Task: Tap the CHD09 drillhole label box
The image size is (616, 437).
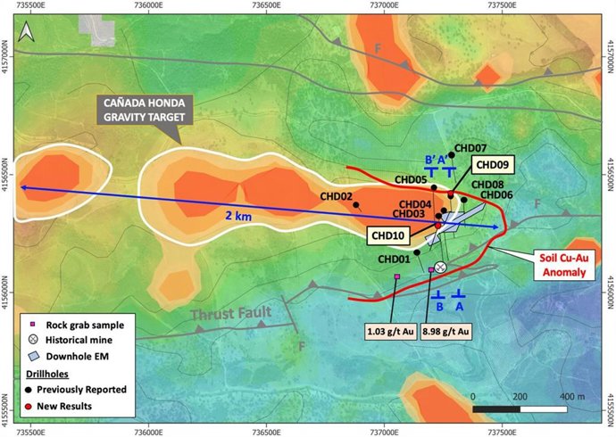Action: tap(491, 165)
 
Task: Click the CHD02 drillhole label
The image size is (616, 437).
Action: tap(336, 196)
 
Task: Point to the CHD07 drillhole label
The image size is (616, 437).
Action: tap(470, 148)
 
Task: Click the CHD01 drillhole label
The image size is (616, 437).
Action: tap(394, 260)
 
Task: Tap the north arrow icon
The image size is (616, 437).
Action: tap(27, 31)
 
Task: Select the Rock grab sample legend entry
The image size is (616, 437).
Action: tap(76, 325)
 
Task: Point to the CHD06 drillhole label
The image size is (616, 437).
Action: tap(496, 194)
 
